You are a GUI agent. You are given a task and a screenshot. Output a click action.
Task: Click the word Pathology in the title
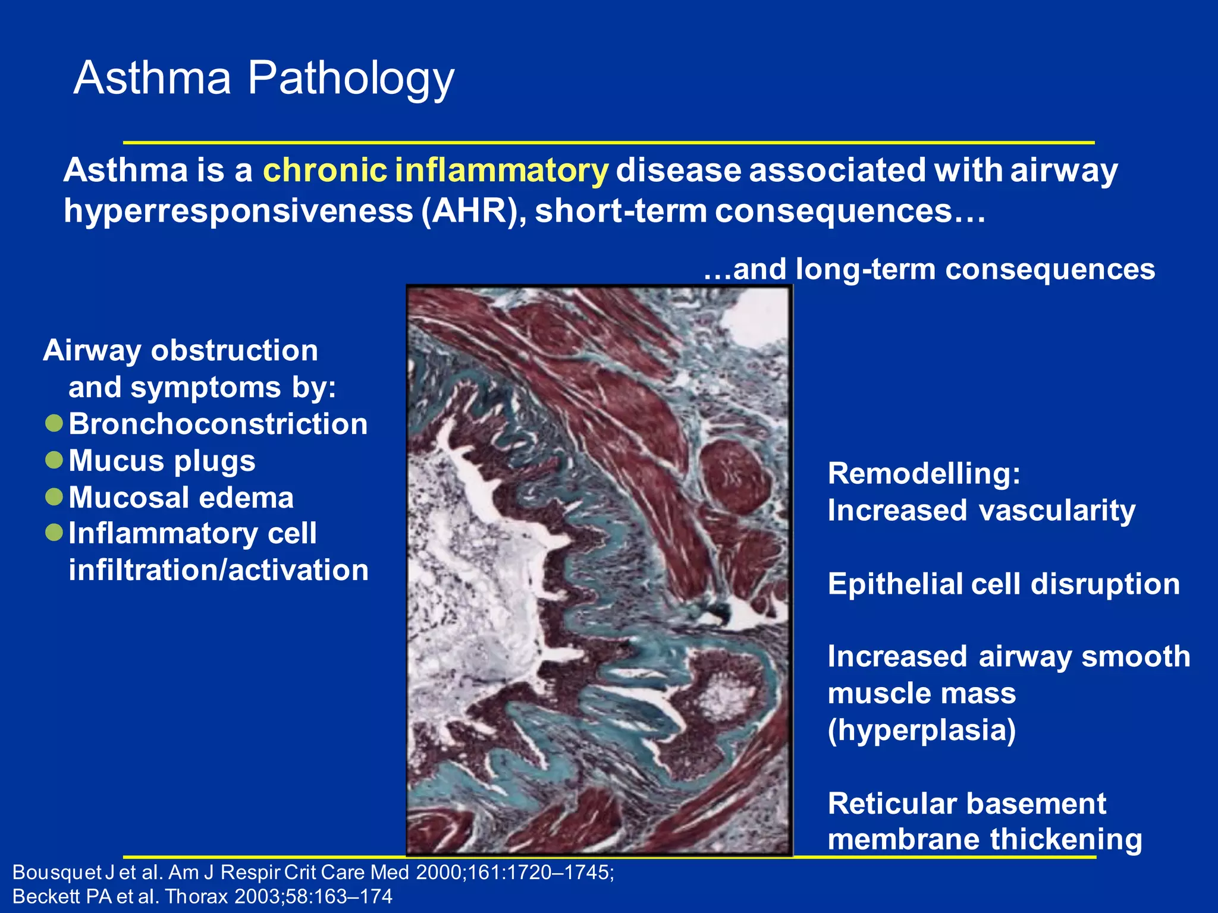pyautogui.click(x=351, y=78)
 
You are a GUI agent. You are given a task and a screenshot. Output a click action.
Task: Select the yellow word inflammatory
pyautogui.click(x=501, y=171)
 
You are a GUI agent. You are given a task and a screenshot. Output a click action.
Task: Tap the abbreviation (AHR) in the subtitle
pyautogui.click(x=473, y=211)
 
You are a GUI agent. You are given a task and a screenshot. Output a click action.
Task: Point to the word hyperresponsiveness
pyautogui.click(x=238, y=211)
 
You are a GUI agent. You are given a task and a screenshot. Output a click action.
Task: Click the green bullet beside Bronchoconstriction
pyautogui.click(x=54, y=424)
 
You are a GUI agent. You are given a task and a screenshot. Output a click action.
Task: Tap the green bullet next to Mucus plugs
pyautogui.click(x=54, y=460)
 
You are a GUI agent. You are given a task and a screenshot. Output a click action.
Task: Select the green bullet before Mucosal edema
pyautogui.click(x=54, y=497)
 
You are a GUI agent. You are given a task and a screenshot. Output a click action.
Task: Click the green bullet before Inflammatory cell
pyautogui.click(x=54, y=533)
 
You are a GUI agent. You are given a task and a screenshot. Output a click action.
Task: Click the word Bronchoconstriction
pyautogui.click(x=218, y=424)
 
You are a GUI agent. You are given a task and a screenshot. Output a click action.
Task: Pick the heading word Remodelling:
pyautogui.click(x=924, y=474)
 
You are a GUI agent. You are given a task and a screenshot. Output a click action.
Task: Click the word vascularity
pyautogui.click(x=1057, y=511)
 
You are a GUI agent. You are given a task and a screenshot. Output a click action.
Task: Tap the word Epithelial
pyautogui.click(x=895, y=584)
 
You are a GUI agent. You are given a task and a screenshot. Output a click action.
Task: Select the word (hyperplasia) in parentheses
pyautogui.click(x=921, y=730)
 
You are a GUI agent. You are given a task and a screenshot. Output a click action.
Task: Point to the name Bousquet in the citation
pyautogui.click(x=57, y=873)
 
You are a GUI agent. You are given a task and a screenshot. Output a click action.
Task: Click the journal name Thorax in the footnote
pyautogui.click(x=197, y=896)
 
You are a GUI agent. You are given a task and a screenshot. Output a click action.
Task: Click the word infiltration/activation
pyautogui.click(x=218, y=570)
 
